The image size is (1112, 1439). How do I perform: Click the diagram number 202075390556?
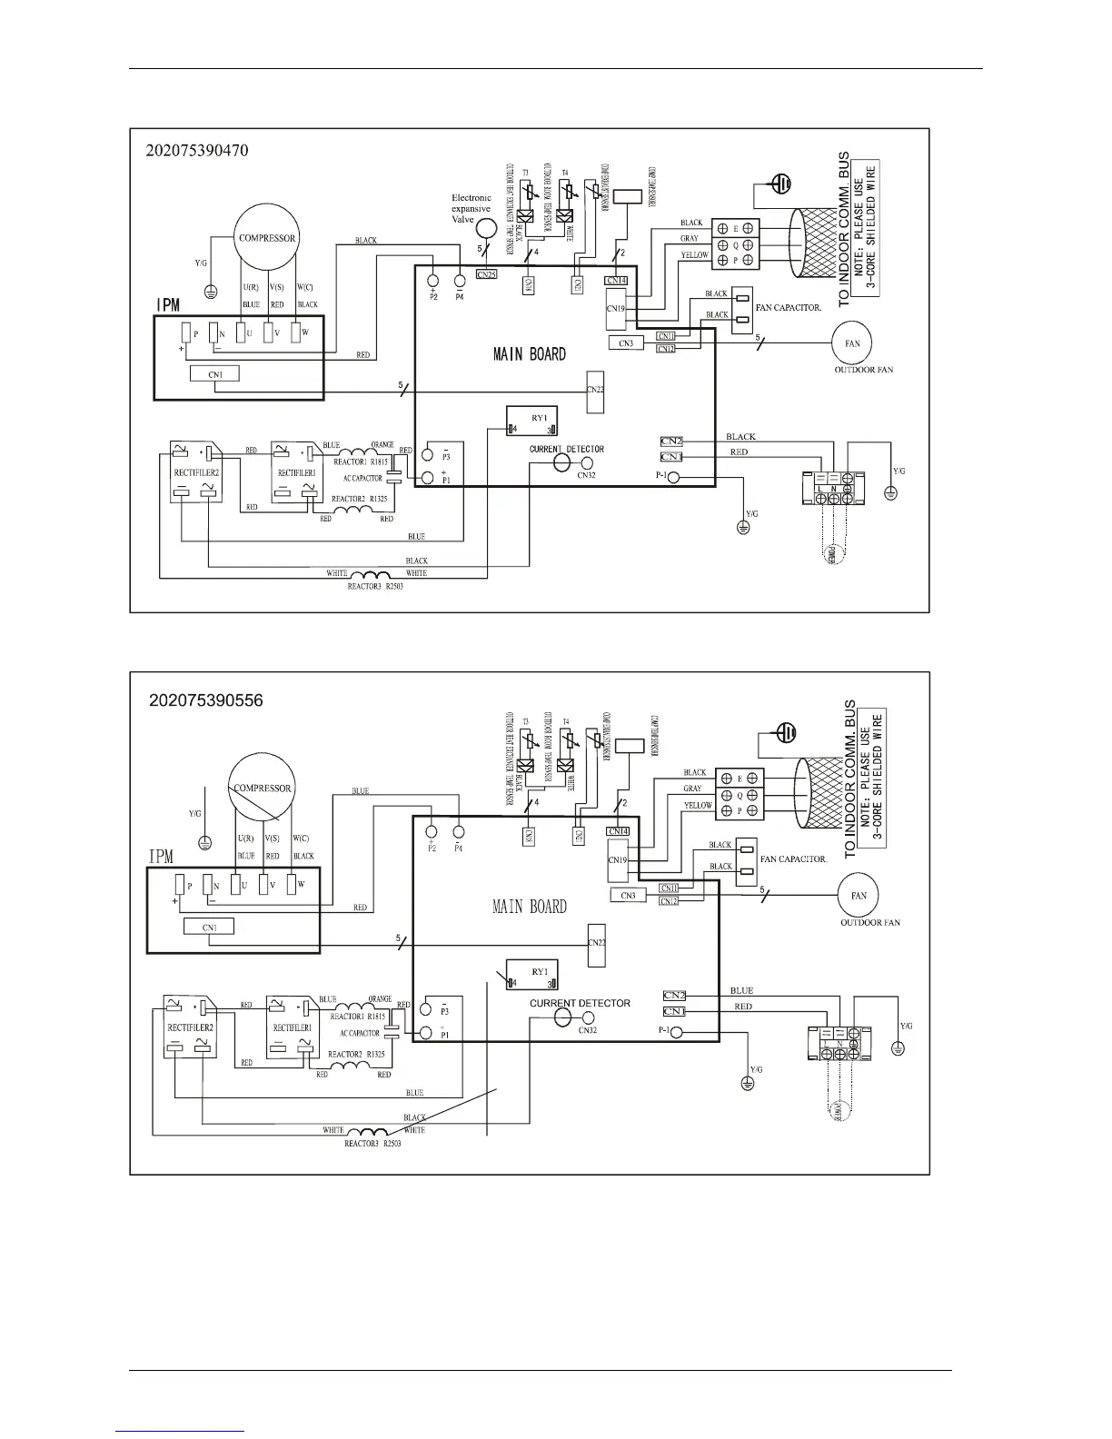click(x=206, y=700)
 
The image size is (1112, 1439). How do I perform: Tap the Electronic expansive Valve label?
click(x=472, y=208)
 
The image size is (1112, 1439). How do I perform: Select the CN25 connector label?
click(x=486, y=274)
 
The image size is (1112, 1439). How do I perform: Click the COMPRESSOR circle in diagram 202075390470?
click(x=267, y=238)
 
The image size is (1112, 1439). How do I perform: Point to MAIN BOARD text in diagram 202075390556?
click(x=529, y=906)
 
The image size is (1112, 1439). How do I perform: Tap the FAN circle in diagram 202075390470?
click(x=853, y=343)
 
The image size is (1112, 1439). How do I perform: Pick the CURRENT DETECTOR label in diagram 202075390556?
click(x=580, y=1003)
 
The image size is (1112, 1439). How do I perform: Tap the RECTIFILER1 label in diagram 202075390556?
click(x=291, y=1027)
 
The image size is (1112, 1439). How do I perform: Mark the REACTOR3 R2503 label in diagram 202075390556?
click(x=372, y=1143)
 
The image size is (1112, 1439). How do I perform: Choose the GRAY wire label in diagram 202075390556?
click(x=692, y=789)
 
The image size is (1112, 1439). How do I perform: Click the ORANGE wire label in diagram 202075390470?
click(x=382, y=444)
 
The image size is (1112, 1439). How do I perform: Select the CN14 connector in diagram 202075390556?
click(x=618, y=830)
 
